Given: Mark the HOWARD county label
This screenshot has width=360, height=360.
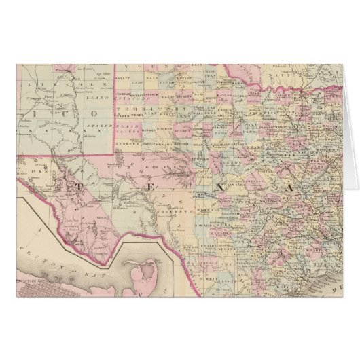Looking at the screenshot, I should (166, 143).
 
